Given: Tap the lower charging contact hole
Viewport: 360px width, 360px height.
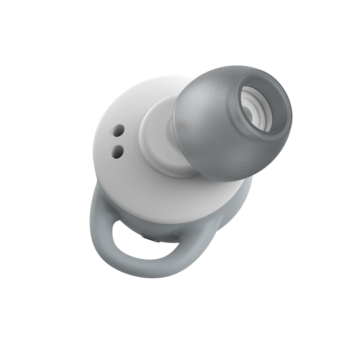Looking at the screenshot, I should [x=118, y=151].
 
